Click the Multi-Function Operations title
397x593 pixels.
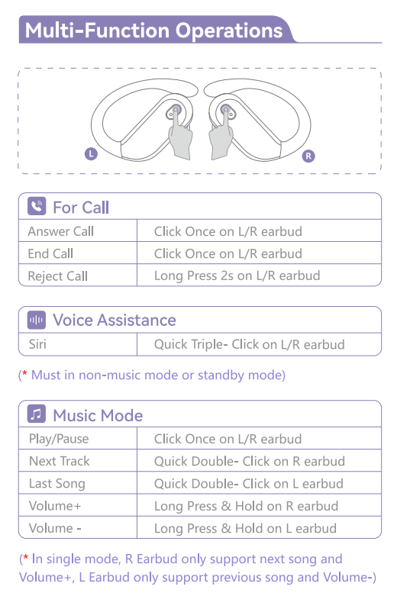pos(153,31)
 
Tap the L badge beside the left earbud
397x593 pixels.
pos(91,154)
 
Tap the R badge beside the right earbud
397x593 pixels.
pos(308,156)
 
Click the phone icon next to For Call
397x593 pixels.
pos(37,207)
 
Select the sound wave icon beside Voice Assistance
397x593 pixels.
pos(37,320)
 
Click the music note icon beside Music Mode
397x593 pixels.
pos(37,414)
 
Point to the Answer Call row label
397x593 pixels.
pos(60,231)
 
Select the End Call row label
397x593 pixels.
pos(50,253)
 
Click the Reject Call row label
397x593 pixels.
pos(57,276)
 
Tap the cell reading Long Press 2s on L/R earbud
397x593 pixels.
pos(237,276)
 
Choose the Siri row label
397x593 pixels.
pos(37,344)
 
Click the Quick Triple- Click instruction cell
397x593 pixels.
pos(250,344)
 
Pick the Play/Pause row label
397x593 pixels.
pos(59,439)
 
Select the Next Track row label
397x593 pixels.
pos(60,461)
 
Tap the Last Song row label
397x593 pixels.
pos(57,484)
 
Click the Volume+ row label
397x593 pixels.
pos(55,506)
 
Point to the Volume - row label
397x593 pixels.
pos(55,528)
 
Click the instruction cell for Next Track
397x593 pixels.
pos(250,462)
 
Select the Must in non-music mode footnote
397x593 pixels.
pos(152,375)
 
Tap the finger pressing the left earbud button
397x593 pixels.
pos(179,135)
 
